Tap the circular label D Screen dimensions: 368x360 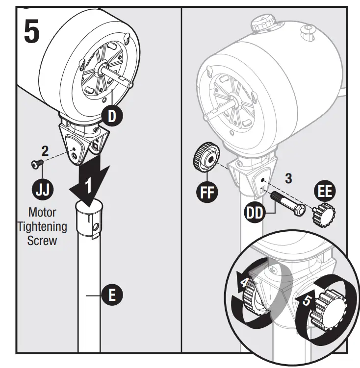(112, 116)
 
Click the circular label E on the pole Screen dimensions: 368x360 (112, 295)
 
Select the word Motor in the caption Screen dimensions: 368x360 (43, 213)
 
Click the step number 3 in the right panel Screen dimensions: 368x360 (288, 178)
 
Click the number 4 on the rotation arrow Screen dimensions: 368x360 (243, 283)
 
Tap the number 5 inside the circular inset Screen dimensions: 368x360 (306, 300)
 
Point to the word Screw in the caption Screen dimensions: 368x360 (43, 241)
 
